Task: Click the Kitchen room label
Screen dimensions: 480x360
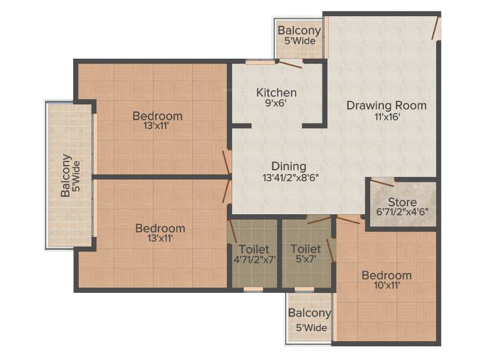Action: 276,92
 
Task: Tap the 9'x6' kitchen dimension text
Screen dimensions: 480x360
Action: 275,103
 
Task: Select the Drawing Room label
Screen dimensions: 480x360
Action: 386,106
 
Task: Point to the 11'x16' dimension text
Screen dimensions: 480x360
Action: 387,116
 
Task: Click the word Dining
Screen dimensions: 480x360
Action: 289,167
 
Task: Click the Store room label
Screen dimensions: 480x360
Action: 402,202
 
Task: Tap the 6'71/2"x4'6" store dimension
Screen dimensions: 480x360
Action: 402,212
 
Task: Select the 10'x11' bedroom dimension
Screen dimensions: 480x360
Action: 386,286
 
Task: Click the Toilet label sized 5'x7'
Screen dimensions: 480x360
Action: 305,249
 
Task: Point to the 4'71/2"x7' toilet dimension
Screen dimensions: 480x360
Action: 254,260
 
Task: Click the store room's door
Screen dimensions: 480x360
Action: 382,183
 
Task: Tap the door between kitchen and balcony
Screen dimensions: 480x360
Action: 290,64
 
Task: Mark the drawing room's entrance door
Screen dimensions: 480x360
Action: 436,28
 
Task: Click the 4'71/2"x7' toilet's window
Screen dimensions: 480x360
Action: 253,289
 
